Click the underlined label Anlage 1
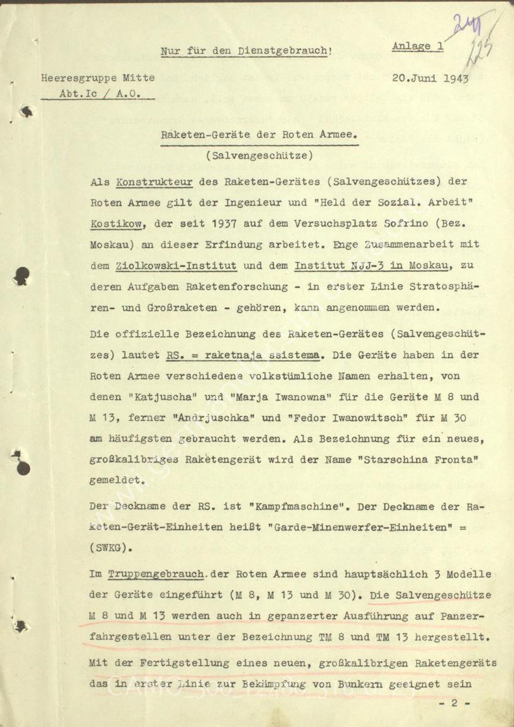coord(418,46)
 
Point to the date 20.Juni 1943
coord(430,79)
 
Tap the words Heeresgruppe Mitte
coord(98,79)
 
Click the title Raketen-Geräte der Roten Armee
coord(260,136)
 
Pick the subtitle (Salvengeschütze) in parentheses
coord(258,155)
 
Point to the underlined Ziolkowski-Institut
coord(177,266)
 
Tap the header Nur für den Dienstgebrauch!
coord(246,53)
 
